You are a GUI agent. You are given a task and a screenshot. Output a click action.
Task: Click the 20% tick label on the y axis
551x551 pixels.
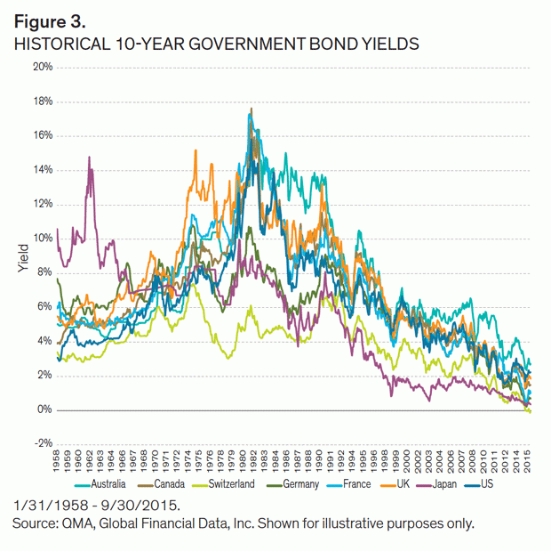tap(42, 68)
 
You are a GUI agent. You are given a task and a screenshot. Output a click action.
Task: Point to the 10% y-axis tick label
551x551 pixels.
tap(42, 239)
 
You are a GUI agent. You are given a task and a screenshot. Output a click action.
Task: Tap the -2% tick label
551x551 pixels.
tap(42, 444)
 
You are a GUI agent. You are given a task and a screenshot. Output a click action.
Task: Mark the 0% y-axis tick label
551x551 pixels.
tap(44, 410)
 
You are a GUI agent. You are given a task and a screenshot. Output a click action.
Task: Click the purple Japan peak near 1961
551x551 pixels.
tap(90, 158)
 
